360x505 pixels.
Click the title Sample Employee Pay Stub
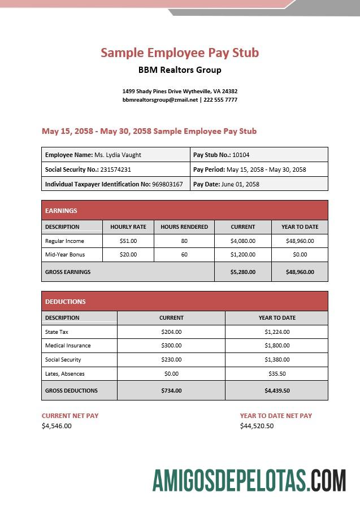[x=180, y=53]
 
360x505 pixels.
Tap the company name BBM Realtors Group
[x=180, y=70]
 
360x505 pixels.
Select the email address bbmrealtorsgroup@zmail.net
[x=160, y=100]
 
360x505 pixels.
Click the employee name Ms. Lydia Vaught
[x=118, y=155]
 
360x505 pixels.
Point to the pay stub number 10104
[x=241, y=155]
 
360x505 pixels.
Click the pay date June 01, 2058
[x=240, y=184]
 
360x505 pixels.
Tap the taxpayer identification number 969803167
[x=167, y=184]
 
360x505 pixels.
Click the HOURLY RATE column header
[x=128, y=227]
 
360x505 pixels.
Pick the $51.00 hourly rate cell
[x=128, y=241]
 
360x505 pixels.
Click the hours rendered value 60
[x=184, y=255]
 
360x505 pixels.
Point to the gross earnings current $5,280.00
[x=243, y=272]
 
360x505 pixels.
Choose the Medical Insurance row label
[x=68, y=346]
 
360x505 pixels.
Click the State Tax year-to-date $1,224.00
[x=277, y=332]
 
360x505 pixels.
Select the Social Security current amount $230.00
[x=171, y=360]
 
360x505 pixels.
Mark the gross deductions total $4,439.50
[x=277, y=390]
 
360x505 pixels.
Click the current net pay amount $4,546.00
[x=57, y=426]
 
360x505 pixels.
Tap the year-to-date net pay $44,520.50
[x=257, y=426]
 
